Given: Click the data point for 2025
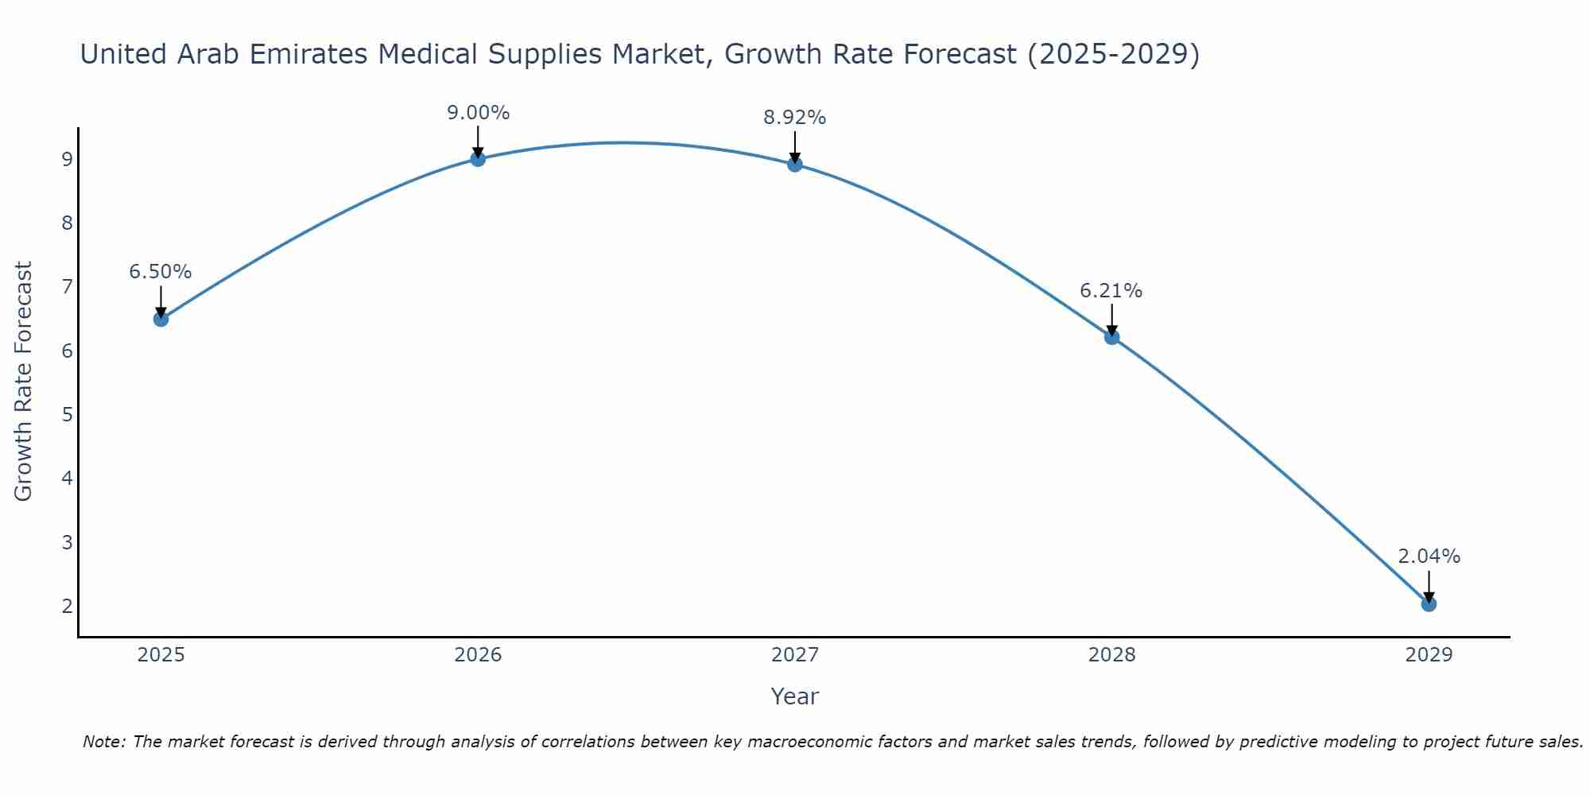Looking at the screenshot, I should pyautogui.click(x=161, y=319).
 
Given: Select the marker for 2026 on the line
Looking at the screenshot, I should pyautogui.click(x=478, y=159).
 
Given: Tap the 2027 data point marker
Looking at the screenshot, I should pyautogui.click(x=795, y=165).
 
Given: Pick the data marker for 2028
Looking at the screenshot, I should pyautogui.click(x=1112, y=337).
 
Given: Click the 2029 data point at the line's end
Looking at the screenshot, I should pyautogui.click(x=1429, y=604).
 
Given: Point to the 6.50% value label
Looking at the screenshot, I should pyautogui.click(x=161, y=272).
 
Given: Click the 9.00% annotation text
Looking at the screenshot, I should pyautogui.click(x=478, y=113).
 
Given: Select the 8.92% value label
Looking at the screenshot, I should pyautogui.click(x=795, y=118).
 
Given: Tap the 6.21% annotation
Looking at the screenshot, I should pyautogui.click(x=1111, y=291).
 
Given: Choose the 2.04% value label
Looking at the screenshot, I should pyautogui.click(x=1429, y=556).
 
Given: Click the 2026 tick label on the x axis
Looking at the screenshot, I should pyautogui.click(x=478, y=655).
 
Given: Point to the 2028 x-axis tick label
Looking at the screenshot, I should pyautogui.click(x=1112, y=655).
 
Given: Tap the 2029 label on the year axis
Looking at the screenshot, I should pyautogui.click(x=1429, y=655).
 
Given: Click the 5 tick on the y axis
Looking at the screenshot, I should pyautogui.click(x=67, y=414).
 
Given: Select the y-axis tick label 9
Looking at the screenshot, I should pyautogui.click(x=67, y=159).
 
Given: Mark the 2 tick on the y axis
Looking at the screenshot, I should pyautogui.click(x=67, y=606).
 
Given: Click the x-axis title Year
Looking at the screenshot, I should pyautogui.click(x=795, y=696).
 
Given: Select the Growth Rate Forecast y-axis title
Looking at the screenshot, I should pyautogui.click(x=24, y=382).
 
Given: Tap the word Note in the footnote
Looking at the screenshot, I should pyautogui.click(x=103, y=742).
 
